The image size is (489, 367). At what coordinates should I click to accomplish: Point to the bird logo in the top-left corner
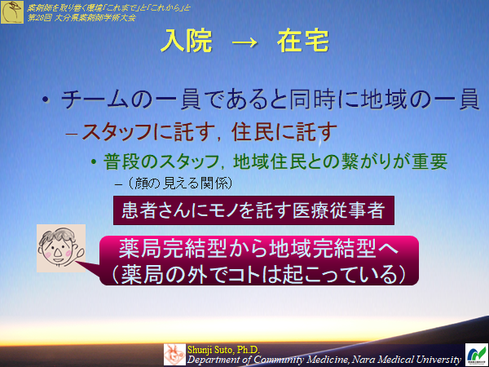12,12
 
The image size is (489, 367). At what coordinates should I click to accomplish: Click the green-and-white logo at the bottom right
475,353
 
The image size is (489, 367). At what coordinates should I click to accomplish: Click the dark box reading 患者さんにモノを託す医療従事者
258,210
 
